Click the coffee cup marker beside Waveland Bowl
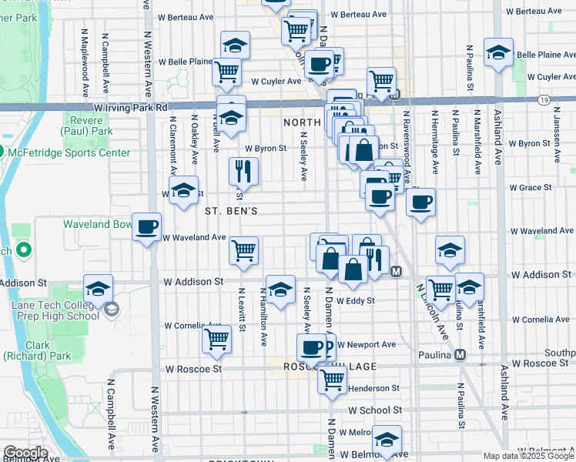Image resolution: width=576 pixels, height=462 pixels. [146, 227]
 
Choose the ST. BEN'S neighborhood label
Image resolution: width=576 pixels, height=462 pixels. [231, 210]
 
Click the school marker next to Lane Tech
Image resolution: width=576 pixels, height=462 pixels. [98, 290]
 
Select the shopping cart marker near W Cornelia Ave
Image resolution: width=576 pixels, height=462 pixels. [217, 339]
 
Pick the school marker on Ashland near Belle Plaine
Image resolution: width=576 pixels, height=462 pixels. [498, 53]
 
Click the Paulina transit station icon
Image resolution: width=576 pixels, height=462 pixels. [460, 355]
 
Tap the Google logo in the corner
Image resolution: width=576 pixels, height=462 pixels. [25, 453]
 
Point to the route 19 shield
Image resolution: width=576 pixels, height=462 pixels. [544, 101]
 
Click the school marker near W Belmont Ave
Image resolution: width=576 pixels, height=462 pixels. [387, 440]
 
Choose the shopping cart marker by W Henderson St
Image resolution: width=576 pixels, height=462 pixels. [332, 380]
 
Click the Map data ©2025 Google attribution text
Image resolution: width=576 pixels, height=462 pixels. [529, 456]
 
